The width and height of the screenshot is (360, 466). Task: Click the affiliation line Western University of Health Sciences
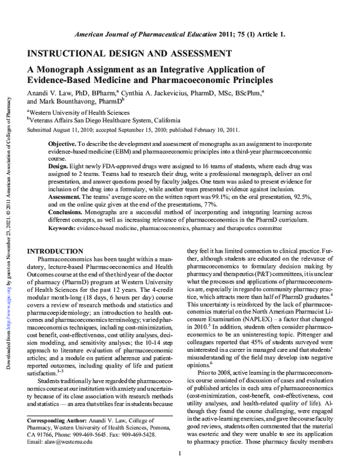pos(79,112)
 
